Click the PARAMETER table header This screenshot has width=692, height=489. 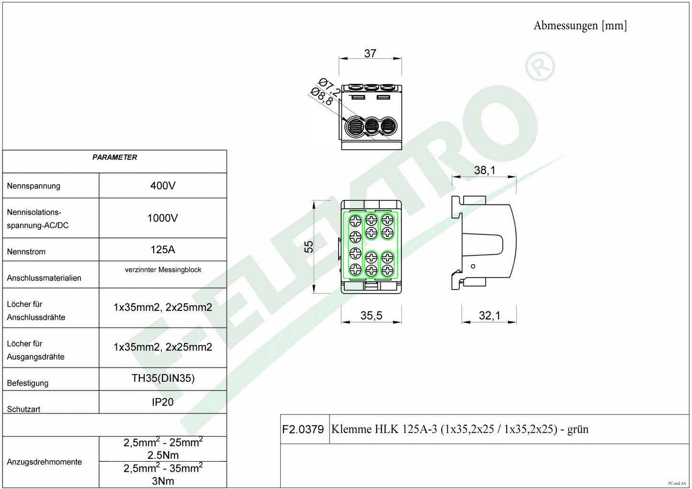114,157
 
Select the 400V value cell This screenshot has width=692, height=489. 163,186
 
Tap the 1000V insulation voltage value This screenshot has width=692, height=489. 162,218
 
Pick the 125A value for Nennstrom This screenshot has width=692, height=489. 163,249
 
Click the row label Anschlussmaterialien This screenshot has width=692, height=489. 44,278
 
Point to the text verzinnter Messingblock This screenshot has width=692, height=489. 163,270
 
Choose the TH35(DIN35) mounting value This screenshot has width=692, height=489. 163,378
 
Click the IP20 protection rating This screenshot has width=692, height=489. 162,402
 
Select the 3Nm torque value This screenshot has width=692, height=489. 163,481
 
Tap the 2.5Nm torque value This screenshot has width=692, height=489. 163,455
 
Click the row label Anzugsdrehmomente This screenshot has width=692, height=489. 45,462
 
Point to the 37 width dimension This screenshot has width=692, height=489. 370,54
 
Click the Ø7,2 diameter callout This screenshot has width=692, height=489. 329,87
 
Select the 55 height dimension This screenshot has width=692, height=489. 308,247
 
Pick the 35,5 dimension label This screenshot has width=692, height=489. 371,315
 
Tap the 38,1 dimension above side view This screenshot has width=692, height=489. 485,170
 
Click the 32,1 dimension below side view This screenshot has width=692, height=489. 489,315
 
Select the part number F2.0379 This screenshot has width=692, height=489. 303,429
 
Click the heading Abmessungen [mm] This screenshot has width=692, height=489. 580,26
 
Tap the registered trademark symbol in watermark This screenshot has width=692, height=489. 540,67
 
